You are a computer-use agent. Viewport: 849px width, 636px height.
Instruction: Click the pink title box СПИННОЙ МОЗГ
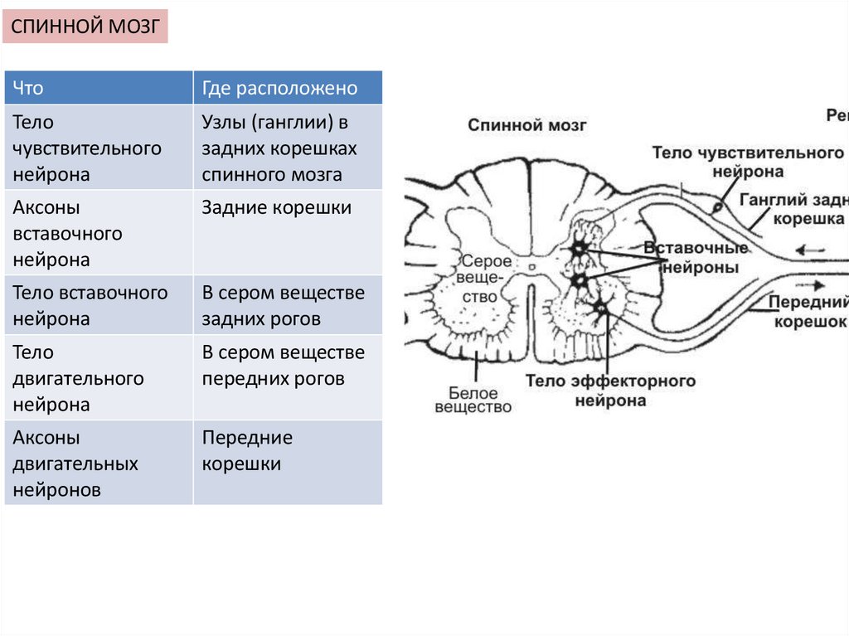pos(86,27)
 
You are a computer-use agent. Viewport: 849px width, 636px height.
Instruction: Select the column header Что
pos(99,88)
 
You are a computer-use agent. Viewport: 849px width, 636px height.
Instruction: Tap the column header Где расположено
pos(288,88)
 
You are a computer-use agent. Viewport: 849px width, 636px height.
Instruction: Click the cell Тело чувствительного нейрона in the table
pos(99,148)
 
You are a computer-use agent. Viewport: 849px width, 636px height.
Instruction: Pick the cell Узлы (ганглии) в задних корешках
pos(288,148)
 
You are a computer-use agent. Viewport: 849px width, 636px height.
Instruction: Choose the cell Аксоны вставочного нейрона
pos(99,233)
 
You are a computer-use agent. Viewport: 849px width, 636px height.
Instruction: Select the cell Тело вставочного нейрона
pos(99,305)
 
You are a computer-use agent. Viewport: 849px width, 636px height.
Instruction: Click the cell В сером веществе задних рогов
pos(288,305)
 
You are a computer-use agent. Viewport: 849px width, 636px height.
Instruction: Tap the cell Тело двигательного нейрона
pos(99,378)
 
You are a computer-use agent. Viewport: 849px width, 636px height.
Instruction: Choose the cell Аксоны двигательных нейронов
pos(99,463)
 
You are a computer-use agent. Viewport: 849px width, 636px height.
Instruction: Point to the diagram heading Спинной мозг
pos(527,125)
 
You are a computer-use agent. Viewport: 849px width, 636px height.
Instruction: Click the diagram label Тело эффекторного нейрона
pos(610,391)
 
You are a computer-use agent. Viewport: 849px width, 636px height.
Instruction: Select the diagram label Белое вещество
pos(473,400)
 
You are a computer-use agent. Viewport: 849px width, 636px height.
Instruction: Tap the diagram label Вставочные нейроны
pos(691,258)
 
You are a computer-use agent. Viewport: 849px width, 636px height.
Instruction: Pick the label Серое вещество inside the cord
pos(480,278)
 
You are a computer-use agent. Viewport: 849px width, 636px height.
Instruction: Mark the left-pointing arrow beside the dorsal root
pos(809,249)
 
